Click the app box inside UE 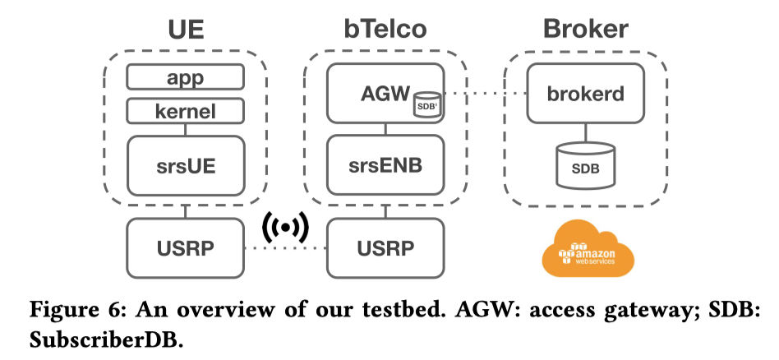[x=185, y=77]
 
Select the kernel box [x=185, y=109]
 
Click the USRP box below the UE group [x=185, y=247]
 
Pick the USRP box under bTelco [x=385, y=247]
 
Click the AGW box [x=385, y=94]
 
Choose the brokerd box [x=585, y=94]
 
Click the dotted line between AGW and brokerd [x=485, y=94]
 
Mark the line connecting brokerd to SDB [x=585, y=132]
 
